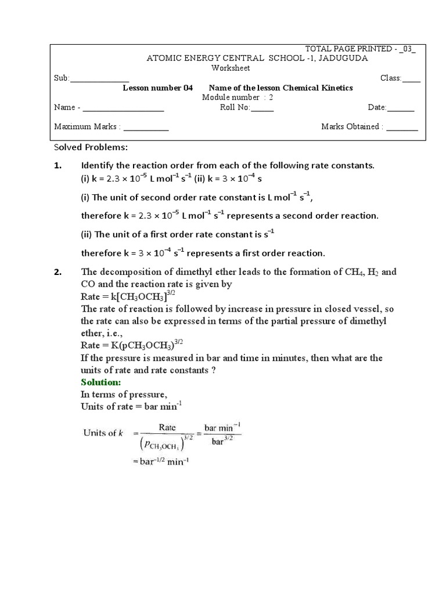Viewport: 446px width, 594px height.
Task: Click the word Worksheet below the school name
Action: (231, 68)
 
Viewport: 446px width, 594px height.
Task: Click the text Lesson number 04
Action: (157, 88)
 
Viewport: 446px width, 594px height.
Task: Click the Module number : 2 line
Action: (237, 97)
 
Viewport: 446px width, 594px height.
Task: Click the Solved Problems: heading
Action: (90, 148)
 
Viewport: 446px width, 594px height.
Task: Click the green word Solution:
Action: (100, 383)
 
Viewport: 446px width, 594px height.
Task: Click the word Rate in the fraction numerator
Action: (167, 428)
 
